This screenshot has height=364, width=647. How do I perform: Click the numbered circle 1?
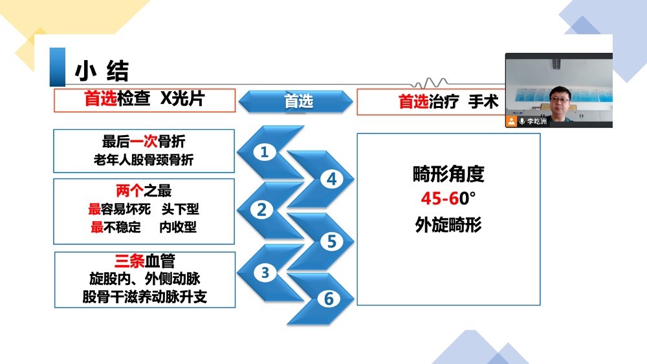click(265, 152)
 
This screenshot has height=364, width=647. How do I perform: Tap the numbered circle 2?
click(261, 210)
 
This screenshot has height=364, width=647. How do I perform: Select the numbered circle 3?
click(265, 272)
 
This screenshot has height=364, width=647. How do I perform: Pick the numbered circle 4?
click(332, 179)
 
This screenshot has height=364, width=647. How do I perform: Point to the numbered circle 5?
click(332, 242)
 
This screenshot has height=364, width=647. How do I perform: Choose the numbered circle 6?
click(329, 299)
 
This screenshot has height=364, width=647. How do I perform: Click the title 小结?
click(102, 71)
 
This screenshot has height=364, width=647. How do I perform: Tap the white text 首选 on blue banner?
click(299, 101)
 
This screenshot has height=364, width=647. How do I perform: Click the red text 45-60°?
click(448, 198)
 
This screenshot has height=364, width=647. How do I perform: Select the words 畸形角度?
click(448, 174)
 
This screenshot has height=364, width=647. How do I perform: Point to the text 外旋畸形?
click(448, 225)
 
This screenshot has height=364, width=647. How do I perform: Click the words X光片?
click(182, 98)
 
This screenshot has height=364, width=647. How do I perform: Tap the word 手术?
click(483, 102)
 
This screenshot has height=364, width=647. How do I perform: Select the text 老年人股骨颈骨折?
click(144, 160)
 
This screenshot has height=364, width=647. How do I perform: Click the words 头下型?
click(181, 209)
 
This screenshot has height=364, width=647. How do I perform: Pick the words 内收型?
click(178, 227)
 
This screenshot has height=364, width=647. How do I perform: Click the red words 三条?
click(129, 261)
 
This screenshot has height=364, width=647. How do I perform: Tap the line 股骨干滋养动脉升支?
click(144, 297)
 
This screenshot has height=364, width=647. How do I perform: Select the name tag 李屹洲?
click(536, 121)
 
